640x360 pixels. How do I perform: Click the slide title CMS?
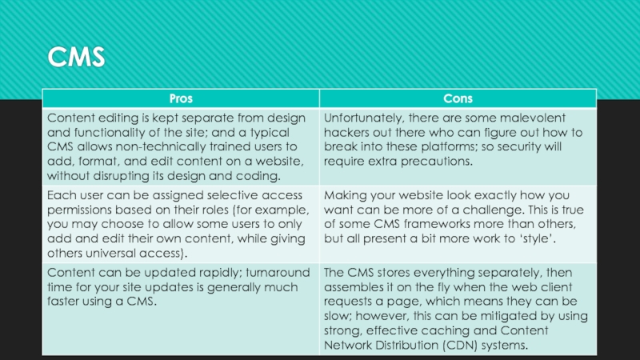pyautogui.click(x=76, y=58)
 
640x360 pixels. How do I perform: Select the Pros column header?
pyautogui.click(x=180, y=98)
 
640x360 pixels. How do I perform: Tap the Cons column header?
pyautogui.click(x=458, y=98)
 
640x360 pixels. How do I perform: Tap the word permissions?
pyautogui.click(x=81, y=210)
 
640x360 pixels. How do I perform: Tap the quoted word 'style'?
pyautogui.click(x=564, y=239)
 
